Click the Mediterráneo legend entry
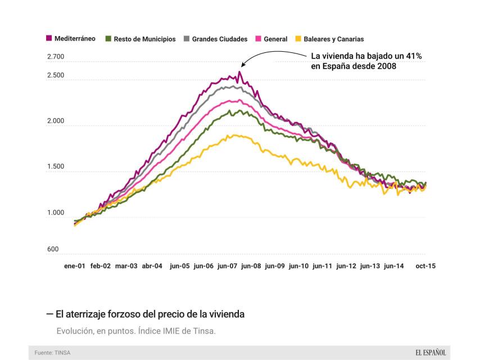71,39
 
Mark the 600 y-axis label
52,249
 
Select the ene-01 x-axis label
75,266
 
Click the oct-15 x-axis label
425,266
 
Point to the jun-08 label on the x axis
250,266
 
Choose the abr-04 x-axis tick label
152,266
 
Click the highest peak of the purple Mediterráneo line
240,72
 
